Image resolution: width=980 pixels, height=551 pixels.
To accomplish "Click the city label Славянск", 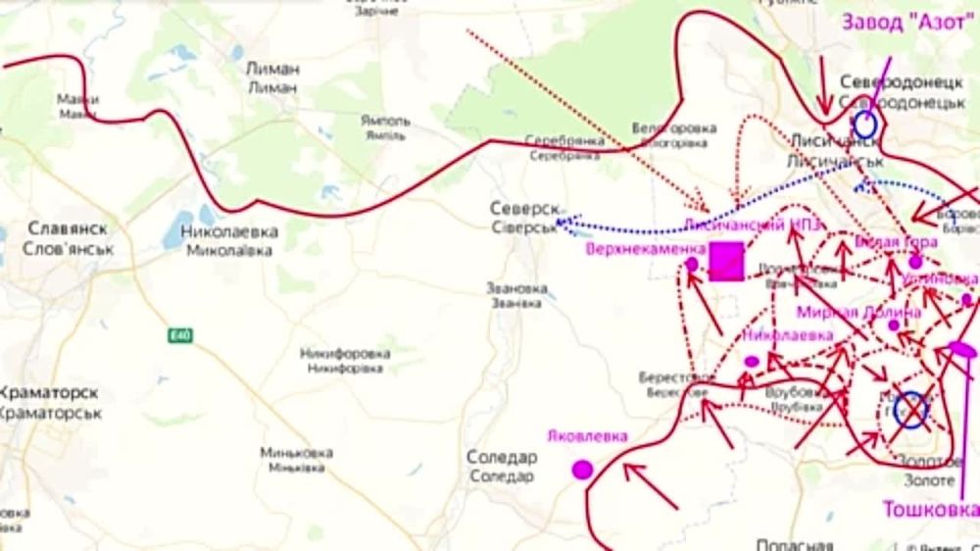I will point(68,228).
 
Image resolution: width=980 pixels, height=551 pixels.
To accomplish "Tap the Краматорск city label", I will point(50,393).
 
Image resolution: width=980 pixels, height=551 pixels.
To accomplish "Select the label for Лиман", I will point(273,70).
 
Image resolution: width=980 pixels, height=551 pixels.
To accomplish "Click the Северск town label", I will point(525,210).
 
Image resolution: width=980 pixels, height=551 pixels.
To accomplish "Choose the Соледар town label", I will point(501,458).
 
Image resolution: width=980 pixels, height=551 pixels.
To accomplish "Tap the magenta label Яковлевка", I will point(588,436).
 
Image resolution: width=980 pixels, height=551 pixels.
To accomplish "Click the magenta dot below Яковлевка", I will point(583,470).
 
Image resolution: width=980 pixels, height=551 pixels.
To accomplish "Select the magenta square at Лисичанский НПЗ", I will point(726,262).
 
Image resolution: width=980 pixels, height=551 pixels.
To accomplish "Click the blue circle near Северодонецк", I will point(865,124).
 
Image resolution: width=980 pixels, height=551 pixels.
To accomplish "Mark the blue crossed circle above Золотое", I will point(911,410).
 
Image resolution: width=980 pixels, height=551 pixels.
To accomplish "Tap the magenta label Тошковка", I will point(930,510).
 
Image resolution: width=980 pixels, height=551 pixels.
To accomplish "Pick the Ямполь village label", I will point(384,122).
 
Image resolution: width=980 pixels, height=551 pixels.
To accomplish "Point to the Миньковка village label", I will point(296,453).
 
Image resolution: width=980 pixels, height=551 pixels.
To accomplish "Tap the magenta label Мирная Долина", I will point(858,313).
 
